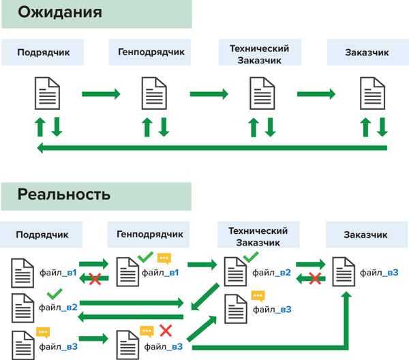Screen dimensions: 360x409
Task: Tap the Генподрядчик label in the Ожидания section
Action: [x=151, y=51]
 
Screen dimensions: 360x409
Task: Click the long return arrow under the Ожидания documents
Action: [x=211, y=148]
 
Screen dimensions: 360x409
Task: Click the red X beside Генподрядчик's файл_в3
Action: [x=165, y=331]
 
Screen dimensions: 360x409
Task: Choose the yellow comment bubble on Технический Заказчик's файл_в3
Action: [x=258, y=296]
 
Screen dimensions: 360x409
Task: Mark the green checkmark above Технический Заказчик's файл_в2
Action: [x=250, y=257]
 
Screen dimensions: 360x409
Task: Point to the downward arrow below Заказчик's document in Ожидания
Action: [x=382, y=126]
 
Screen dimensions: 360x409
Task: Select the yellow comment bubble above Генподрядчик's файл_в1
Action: [x=164, y=258]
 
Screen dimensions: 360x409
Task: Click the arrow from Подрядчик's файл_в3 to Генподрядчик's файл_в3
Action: [x=93, y=337]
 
